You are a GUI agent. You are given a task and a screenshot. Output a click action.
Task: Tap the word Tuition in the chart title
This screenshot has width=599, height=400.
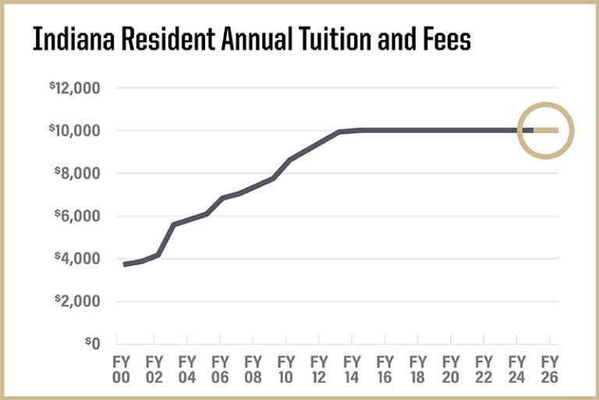click(308, 39)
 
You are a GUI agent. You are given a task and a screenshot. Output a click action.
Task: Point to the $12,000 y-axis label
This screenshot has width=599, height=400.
click(77, 88)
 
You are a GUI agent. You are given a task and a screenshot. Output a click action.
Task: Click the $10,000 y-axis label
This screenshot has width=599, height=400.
click(77, 130)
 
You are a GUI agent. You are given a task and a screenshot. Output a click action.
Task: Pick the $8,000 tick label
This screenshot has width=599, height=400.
click(80, 173)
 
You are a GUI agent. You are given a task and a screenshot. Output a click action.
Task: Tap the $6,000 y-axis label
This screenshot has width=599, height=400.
click(80, 216)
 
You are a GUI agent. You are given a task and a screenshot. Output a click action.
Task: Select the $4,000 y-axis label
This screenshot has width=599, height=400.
click(80, 259)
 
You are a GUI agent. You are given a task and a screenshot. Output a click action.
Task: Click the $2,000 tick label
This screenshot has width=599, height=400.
click(80, 302)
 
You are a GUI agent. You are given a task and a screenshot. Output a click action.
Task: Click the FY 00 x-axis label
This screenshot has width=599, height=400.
click(120, 368)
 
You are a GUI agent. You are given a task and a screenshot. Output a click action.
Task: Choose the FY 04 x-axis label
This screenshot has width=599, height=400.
click(186, 368)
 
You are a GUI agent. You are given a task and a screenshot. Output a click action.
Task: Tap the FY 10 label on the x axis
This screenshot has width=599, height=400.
click(285, 368)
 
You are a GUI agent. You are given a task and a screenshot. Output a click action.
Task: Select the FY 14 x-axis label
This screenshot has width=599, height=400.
click(352, 368)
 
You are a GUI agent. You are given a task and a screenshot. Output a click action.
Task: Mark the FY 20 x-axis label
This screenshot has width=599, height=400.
click(451, 368)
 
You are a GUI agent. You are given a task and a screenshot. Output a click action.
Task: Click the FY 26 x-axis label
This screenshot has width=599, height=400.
click(550, 368)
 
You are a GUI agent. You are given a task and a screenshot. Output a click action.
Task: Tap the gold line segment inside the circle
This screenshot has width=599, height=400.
click(546, 130)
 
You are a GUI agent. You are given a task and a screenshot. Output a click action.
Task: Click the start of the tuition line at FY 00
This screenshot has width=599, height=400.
click(125, 264)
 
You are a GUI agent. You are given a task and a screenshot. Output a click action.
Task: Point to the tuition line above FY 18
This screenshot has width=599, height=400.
click(418, 130)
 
